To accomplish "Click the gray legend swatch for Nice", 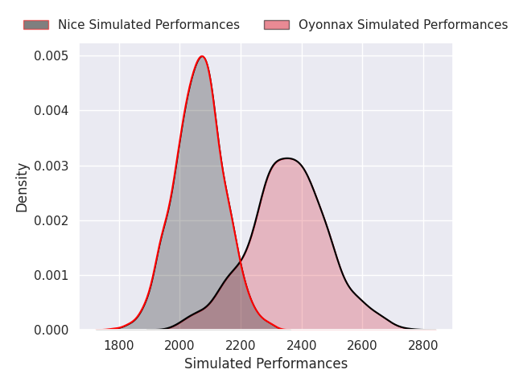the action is [36, 25].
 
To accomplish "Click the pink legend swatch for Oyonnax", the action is [277, 25].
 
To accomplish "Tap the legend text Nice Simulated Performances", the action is [149, 25].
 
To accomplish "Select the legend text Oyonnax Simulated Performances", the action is [403, 25].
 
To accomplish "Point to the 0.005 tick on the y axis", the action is [51, 55].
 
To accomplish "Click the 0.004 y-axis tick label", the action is [51, 111].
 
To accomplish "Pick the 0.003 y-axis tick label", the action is [51, 166].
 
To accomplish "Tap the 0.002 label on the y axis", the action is [51, 220].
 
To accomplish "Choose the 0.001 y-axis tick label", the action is [51, 275].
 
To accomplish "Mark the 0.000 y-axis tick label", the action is [51, 330].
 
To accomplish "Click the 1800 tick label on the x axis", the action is [119, 346].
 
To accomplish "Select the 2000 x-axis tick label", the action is [179, 346].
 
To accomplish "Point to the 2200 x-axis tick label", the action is [241, 346].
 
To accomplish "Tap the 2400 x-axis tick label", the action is [302, 346].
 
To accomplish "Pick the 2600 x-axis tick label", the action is [362, 346].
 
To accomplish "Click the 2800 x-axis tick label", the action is [423, 346].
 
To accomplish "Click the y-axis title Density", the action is [22, 187].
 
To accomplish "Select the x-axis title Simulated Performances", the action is [266, 363].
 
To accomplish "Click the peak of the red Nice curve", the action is [202, 56].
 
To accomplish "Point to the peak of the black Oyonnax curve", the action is [287, 158].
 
